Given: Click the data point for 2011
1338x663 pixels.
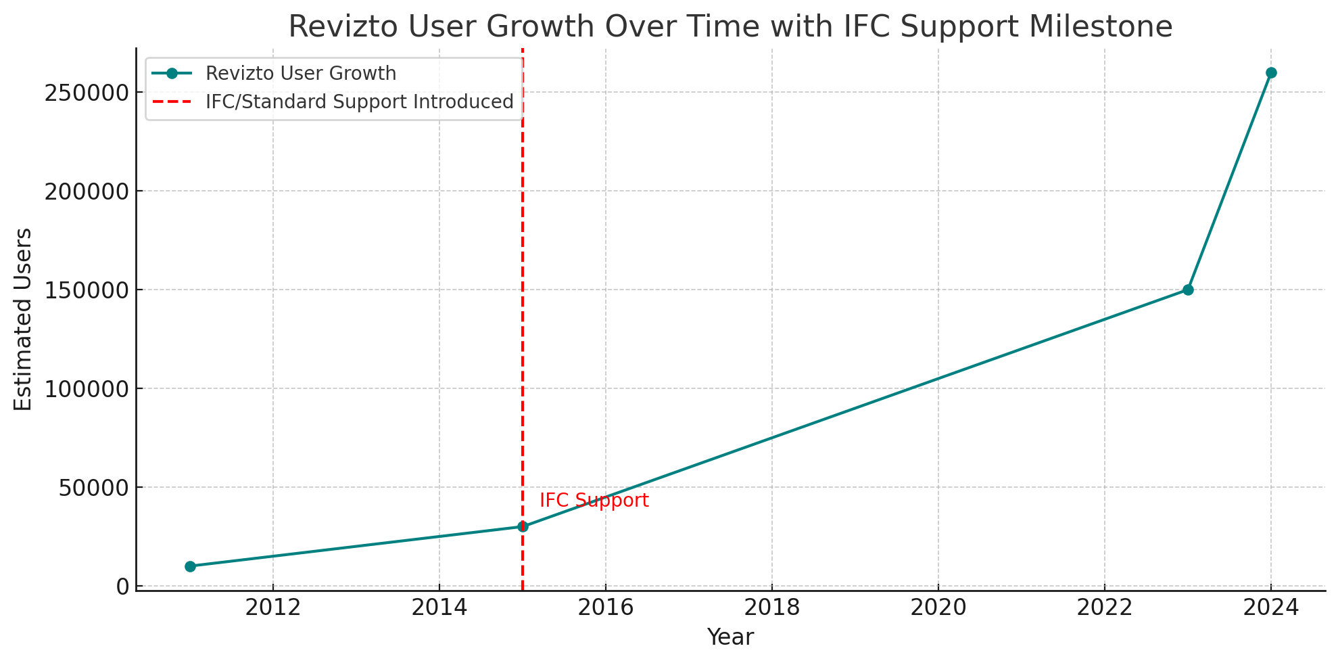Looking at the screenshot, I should [x=190, y=566].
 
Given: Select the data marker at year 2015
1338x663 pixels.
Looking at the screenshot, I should [x=523, y=526].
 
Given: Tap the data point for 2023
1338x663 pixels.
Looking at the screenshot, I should [x=1188, y=290].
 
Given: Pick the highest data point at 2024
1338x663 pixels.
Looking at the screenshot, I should [x=1271, y=72].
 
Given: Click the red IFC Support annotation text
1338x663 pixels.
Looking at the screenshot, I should [x=594, y=501].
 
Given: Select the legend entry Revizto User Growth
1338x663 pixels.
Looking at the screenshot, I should [x=301, y=73].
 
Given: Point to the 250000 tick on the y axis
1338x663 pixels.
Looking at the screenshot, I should [x=87, y=93].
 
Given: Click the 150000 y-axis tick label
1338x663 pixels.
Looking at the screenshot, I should [x=87, y=290].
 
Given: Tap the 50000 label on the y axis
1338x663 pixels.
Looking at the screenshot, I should [x=93, y=488].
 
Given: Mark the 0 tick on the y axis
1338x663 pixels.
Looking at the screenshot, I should [x=122, y=587].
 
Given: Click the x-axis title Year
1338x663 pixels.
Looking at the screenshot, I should [x=730, y=637].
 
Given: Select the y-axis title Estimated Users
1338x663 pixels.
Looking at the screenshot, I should [x=24, y=319].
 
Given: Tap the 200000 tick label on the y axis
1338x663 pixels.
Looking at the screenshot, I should [x=87, y=191].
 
